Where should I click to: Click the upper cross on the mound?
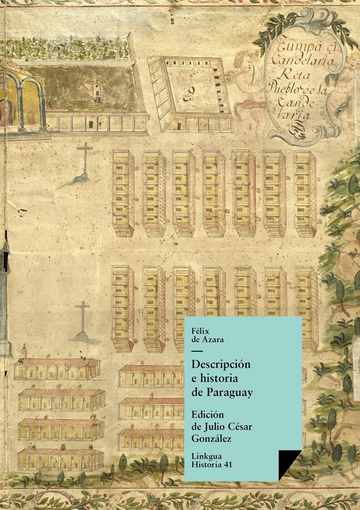click(85, 159)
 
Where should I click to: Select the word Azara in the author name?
click(214, 339)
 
